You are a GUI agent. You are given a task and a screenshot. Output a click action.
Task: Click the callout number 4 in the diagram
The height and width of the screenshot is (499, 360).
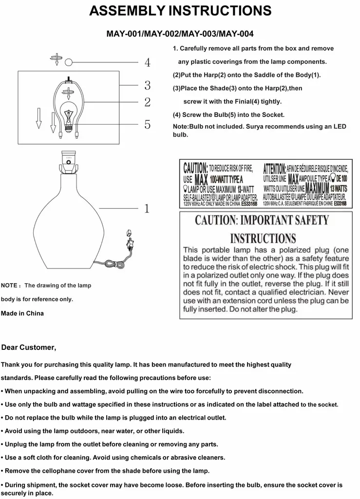coord(147,63)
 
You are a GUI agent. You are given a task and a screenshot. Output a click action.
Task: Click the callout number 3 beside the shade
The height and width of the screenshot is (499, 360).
coord(147,86)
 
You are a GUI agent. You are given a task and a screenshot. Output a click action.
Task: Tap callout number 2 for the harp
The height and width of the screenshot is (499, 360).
coord(147,102)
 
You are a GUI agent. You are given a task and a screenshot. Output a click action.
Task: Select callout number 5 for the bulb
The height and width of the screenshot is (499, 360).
coord(147,124)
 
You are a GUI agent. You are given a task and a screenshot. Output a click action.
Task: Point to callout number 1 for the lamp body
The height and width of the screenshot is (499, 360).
coord(147,209)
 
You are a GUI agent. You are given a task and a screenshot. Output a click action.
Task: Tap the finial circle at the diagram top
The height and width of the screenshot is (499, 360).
coord(69,62)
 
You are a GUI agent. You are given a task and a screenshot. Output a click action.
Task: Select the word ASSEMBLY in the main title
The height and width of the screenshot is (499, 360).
coord(126,11)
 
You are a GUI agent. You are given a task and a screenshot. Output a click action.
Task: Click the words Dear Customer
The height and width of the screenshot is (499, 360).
coord(29,347)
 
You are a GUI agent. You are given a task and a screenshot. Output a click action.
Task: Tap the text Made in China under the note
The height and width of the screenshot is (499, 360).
coord(22,313)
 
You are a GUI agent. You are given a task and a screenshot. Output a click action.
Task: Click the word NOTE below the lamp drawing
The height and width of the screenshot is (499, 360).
coord(9,286)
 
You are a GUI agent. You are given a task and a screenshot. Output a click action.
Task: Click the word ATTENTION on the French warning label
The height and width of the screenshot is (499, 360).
coord(274,169)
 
